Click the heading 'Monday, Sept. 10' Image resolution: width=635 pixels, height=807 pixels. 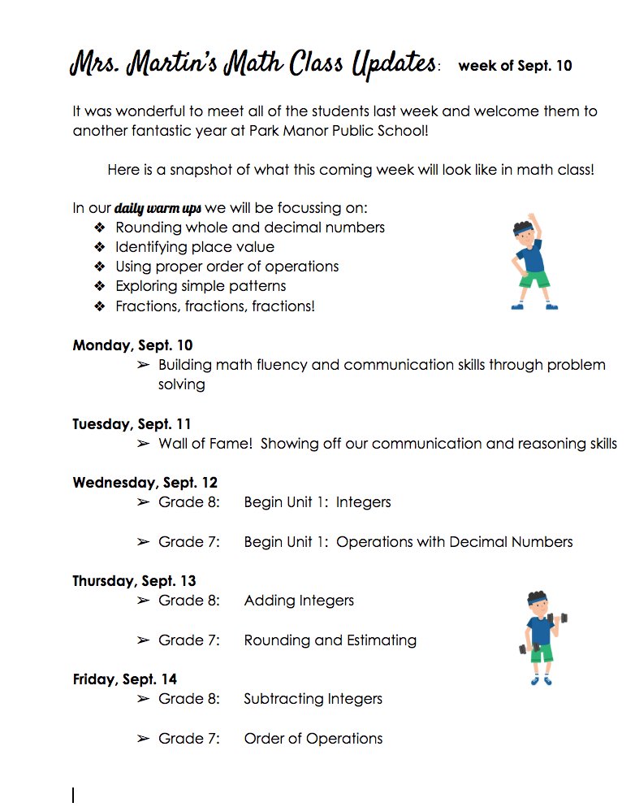[x=132, y=345]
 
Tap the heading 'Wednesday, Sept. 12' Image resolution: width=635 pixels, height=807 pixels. [x=145, y=483]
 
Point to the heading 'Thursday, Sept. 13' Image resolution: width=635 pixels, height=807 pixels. [x=134, y=581]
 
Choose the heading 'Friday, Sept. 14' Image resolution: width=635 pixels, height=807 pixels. [x=124, y=679]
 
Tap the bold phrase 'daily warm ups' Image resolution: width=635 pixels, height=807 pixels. [x=158, y=208]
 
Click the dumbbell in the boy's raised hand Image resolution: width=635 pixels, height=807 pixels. [x=559, y=619]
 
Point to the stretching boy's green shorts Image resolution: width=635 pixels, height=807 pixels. [x=533, y=280]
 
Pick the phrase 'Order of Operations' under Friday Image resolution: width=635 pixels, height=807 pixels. [x=313, y=739]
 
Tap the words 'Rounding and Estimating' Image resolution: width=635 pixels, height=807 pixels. [x=330, y=640]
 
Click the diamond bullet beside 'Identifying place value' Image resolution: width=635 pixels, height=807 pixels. [x=100, y=247]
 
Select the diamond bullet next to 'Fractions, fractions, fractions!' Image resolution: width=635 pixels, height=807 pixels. [x=100, y=306]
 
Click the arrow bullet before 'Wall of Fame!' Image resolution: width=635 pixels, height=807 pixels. [x=143, y=444]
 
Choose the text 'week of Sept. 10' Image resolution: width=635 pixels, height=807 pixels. [x=515, y=66]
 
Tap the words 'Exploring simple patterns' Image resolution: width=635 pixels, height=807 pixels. [x=201, y=286]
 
